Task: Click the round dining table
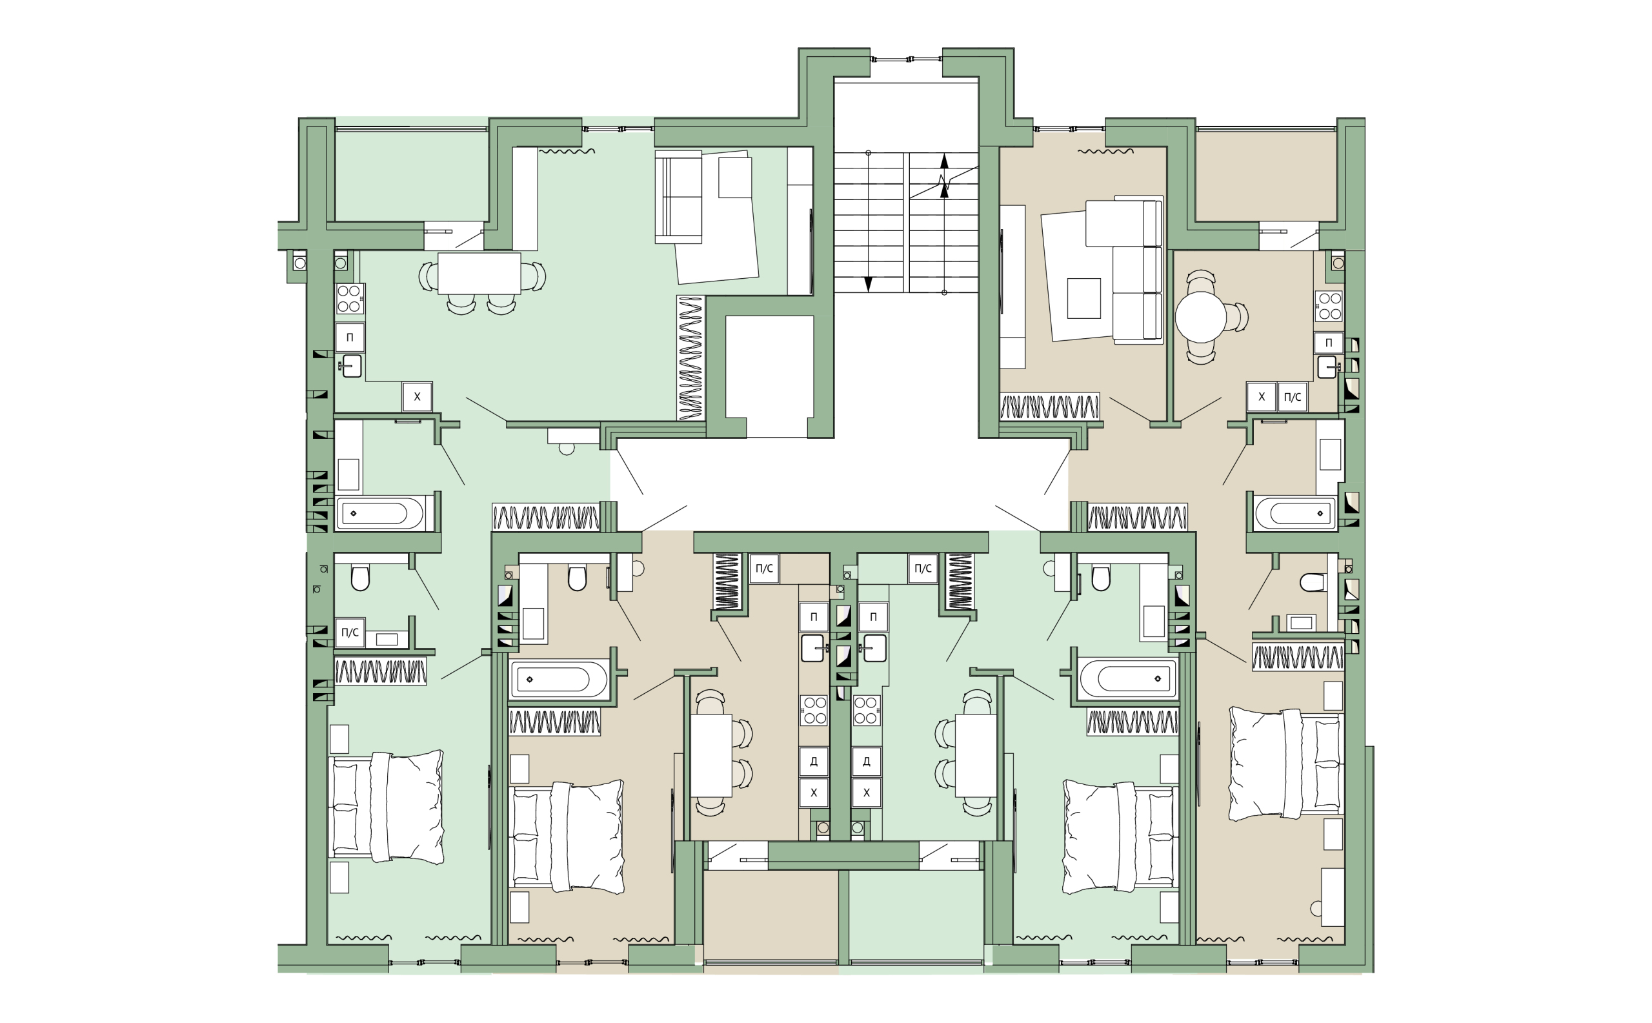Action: click(1200, 317)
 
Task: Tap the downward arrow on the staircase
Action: click(869, 284)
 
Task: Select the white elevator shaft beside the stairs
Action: click(769, 376)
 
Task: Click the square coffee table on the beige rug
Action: click(1083, 298)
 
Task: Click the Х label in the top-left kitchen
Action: click(417, 397)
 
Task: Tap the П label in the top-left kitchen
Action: click(350, 338)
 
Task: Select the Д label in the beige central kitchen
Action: click(814, 761)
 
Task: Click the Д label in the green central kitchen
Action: click(867, 761)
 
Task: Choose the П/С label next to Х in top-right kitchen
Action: click(1292, 397)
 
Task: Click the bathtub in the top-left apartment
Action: click(380, 514)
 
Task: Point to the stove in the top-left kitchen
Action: click(350, 298)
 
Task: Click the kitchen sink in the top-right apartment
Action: click(1327, 367)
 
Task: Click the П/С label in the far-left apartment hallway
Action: click(350, 633)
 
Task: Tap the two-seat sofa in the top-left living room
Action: click(678, 197)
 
